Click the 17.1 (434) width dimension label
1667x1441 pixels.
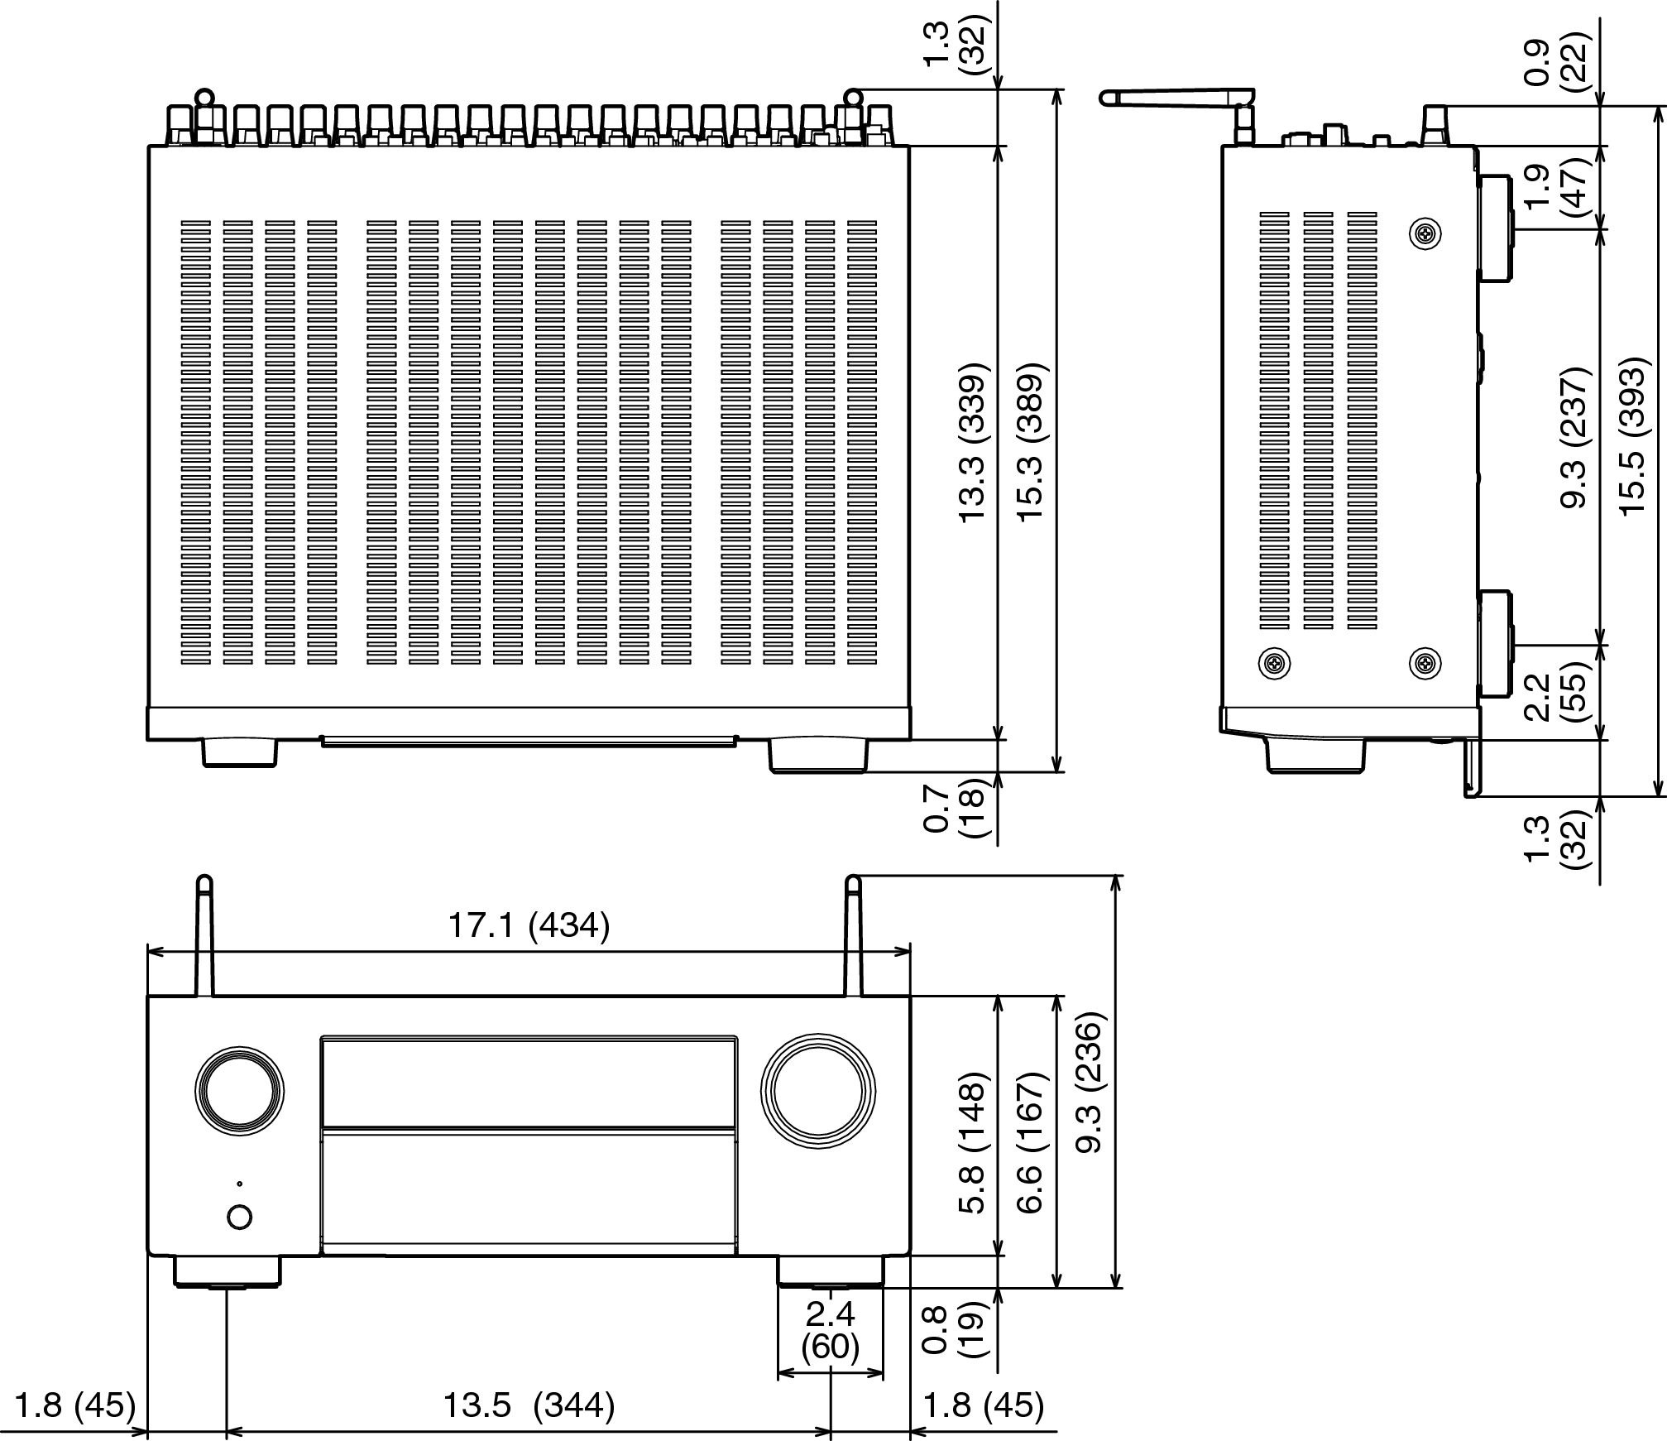click(529, 925)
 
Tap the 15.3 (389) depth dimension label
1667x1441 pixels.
click(1032, 441)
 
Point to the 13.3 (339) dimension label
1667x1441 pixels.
click(974, 441)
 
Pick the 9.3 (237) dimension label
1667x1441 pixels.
click(1574, 436)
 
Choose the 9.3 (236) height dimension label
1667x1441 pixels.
click(1091, 1082)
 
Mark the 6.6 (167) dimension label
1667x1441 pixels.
click(1032, 1143)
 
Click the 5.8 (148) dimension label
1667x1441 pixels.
click(974, 1143)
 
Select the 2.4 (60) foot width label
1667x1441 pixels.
click(831, 1329)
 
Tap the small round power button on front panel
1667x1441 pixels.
click(239, 1217)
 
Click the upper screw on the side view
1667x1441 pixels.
click(1425, 235)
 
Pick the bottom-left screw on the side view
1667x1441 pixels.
click(1274, 662)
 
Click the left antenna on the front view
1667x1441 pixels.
click(204, 935)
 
